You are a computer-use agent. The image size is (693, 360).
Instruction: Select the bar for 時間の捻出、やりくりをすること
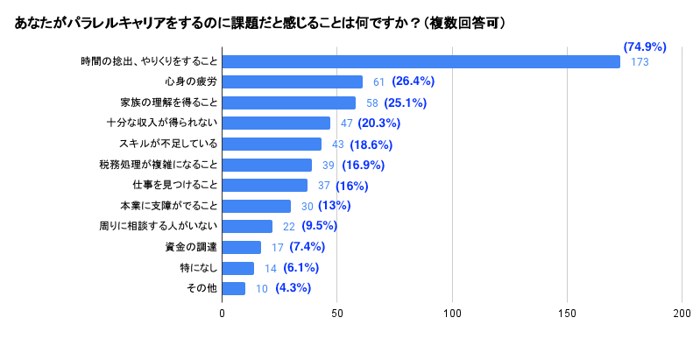coord(421,61)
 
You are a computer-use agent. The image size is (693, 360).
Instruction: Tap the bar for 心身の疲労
coord(292,82)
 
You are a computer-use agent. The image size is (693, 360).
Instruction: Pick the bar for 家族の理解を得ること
coord(288,102)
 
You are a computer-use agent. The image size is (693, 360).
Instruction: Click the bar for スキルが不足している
coord(272,144)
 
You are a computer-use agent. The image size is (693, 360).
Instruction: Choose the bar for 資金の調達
coord(242,247)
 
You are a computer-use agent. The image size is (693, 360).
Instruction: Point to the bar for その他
coord(233,288)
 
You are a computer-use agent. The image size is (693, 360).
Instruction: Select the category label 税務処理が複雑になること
coord(158,165)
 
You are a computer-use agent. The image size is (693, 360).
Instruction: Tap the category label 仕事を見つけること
coord(168,186)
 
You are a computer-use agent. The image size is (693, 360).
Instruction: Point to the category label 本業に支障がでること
coord(168,206)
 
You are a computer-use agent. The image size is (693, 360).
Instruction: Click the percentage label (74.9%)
coord(645,46)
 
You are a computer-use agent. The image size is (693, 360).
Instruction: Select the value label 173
coord(639,62)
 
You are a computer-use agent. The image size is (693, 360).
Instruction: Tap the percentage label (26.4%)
coord(414,82)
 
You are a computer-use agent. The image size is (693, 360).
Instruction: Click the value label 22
coord(288,227)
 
